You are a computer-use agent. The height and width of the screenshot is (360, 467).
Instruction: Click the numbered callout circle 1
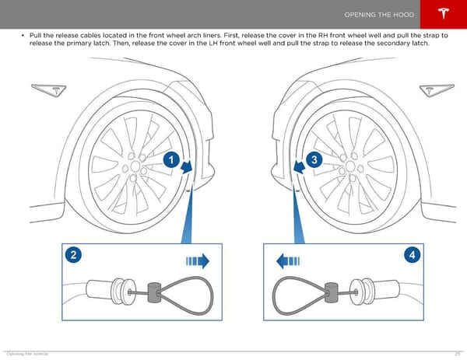pos(171,159)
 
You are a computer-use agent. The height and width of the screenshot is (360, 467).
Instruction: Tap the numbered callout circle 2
pos(73,255)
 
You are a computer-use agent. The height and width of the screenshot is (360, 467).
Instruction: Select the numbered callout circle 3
pos(314,159)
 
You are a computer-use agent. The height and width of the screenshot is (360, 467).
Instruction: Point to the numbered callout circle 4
pos(413,255)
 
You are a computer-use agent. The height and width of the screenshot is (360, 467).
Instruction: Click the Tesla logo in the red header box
pos(444,13)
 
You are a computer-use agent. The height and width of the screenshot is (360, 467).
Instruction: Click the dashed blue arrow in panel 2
pos(198,261)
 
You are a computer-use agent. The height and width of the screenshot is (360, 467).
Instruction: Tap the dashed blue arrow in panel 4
pos(288,261)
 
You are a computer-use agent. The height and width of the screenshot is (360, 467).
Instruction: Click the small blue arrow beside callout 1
pos(187,167)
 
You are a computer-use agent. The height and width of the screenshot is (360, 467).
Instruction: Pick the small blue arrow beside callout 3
pos(299,167)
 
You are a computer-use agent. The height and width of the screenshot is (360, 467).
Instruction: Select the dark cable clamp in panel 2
pos(154,292)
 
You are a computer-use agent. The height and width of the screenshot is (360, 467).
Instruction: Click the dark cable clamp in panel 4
pos(332,292)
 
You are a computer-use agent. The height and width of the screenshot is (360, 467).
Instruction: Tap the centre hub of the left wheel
pos(135,166)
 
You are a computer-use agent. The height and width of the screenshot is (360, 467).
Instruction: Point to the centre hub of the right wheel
pos(350,166)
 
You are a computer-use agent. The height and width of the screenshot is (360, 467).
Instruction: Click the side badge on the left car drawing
pos(49,90)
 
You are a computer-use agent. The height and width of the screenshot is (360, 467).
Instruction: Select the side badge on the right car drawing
pos(437,90)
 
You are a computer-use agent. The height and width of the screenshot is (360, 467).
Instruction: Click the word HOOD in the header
pos(403,15)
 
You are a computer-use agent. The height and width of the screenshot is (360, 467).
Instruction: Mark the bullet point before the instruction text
pos(23,36)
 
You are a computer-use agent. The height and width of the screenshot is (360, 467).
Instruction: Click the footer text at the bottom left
pos(27,354)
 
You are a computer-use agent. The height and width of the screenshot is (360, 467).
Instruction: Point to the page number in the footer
pos(458,354)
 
